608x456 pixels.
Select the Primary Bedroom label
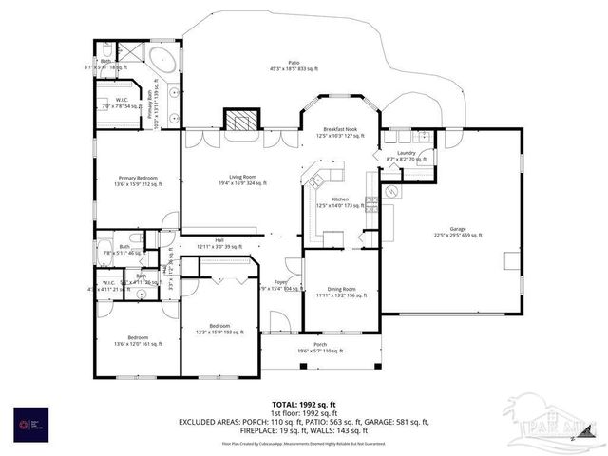pyautogui.click(x=139, y=180)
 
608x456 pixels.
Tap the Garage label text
pyautogui.click(x=458, y=231)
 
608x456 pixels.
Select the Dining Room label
pyautogui.click(x=342, y=292)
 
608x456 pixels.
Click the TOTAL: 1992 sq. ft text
pyautogui.click(x=300, y=403)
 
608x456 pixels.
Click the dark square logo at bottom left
pyautogui.click(x=28, y=424)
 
